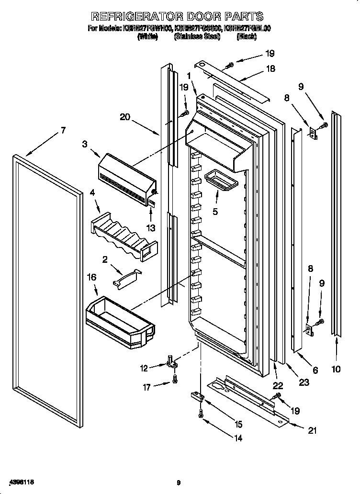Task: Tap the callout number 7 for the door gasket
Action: tap(63, 131)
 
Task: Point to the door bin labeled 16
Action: tap(120, 319)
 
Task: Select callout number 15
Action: tap(238, 424)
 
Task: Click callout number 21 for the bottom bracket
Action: tap(312, 430)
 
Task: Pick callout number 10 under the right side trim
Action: tap(336, 369)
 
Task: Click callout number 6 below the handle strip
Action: tap(315, 370)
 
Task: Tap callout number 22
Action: tap(278, 386)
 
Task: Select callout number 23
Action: tap(304, 382)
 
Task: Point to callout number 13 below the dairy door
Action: tap(151, 228)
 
